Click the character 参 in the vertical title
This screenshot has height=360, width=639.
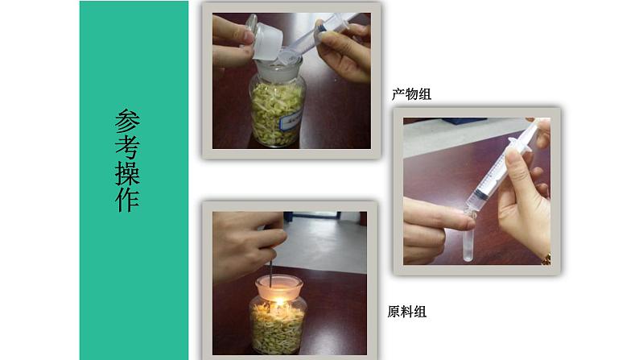[x=127, y=121]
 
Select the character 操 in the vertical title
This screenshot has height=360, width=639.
[x=127, y=174]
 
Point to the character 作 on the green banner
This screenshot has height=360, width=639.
[x=127, y=200]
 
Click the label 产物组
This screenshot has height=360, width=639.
[x=411, y=94]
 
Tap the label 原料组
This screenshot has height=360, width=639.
[x=406, y=312]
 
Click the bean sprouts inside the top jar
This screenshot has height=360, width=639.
[x=277, y=114]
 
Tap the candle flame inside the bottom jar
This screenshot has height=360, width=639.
[x=279, y=303]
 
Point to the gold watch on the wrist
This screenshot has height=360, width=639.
[x=546, y=259]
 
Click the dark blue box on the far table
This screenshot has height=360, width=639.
[x=464, y=120]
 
